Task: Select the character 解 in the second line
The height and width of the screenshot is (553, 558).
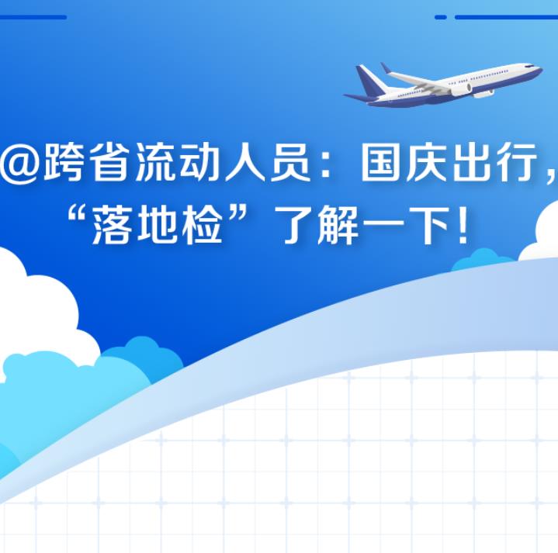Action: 339,226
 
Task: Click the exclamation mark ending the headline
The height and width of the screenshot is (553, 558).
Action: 463,226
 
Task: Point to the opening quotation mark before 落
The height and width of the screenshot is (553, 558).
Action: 78,215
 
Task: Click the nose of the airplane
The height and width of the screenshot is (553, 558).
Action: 539,68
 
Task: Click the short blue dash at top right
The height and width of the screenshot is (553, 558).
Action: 441,17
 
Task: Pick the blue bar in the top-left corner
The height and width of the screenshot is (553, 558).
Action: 33,17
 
